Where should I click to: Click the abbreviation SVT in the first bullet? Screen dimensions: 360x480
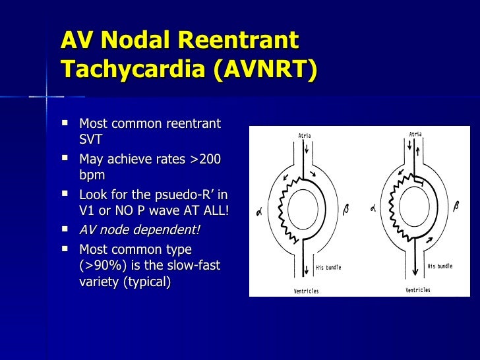pos(91,140)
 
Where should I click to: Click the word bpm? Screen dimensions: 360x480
pos(92,175)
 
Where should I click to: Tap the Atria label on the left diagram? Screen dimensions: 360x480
pos(305,136)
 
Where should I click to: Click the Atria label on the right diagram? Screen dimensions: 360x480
pos(415,134)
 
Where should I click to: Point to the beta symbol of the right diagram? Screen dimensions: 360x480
pos(456,206)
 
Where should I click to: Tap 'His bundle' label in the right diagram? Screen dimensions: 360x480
pos(440,266)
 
